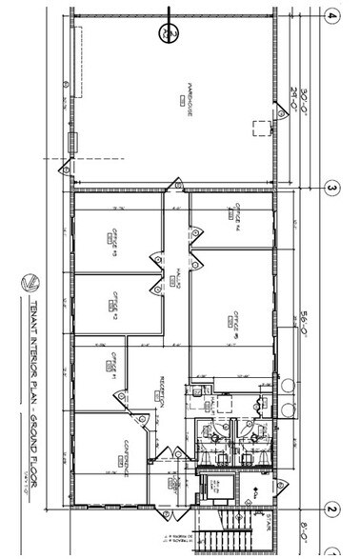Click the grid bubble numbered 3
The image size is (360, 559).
click(332, 189)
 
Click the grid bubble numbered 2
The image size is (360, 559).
click(332, 509)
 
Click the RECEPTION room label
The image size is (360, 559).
click(163, 391)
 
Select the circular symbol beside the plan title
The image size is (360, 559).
click(30, 283)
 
